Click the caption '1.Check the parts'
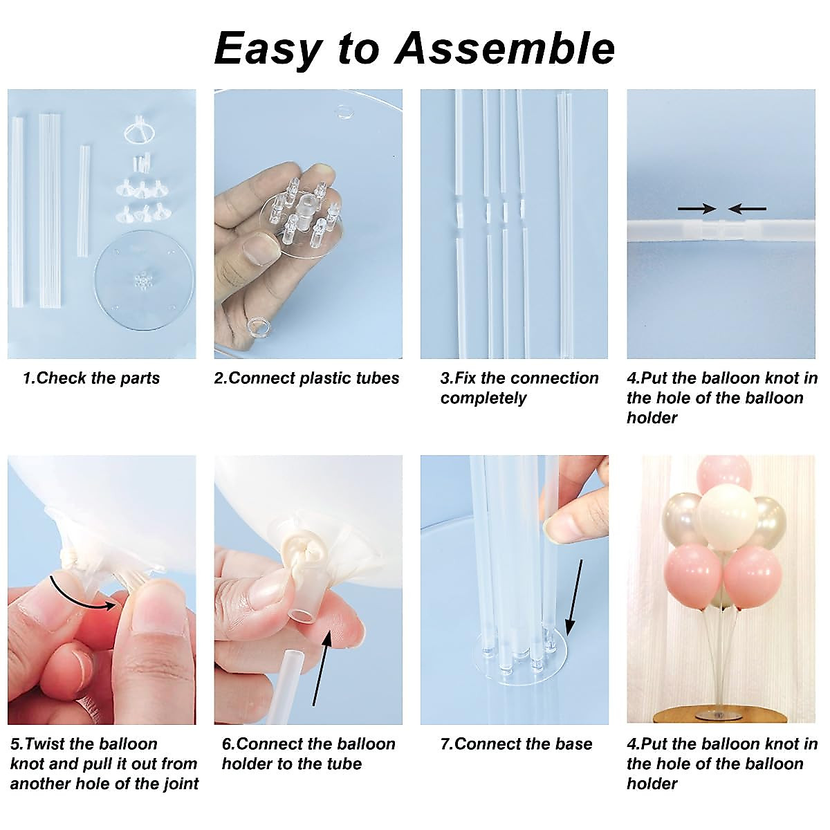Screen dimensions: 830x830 91,378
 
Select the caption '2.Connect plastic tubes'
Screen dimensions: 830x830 307,378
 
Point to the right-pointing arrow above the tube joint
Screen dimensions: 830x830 697,208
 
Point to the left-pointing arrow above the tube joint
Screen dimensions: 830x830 748,208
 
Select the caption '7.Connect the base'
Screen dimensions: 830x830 517,744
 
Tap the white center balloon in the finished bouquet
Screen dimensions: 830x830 727,516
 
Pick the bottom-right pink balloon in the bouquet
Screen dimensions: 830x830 753,575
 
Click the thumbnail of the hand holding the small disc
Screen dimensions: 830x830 308,223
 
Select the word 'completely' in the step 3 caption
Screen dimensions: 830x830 483,398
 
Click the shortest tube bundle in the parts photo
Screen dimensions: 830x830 84,197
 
